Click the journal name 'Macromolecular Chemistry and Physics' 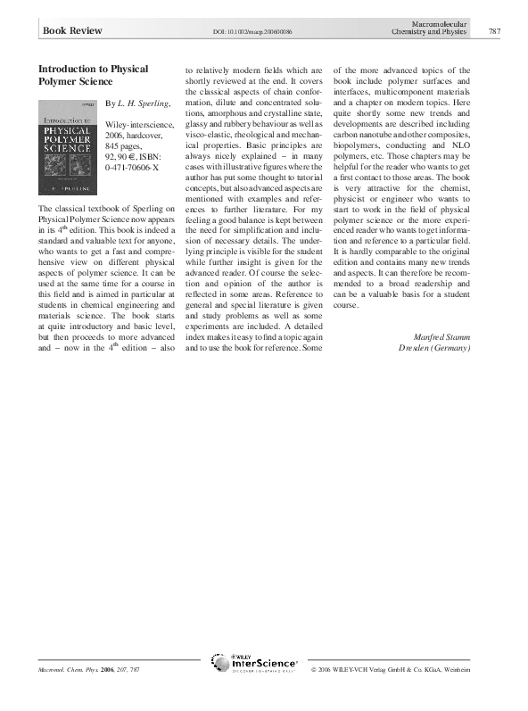[x=428, y=27]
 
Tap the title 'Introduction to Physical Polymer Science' [x=93, y=74]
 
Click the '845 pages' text [x=123, y=144]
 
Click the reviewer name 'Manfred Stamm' [x=443, y=336]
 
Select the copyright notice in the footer [x=402, y=669]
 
